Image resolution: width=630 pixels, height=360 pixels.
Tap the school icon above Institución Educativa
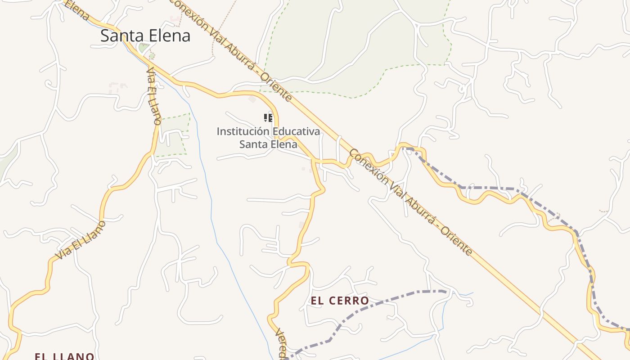click(268, 118)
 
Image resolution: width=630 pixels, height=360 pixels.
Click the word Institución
click(242, 131)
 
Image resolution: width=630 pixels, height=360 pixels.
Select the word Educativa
click(295, 131)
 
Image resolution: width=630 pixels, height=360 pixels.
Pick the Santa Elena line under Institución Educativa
click(268, 144)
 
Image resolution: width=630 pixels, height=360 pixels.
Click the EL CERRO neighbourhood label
click(340, 301)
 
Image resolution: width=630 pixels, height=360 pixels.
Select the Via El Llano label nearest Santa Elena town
click(154, 96)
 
